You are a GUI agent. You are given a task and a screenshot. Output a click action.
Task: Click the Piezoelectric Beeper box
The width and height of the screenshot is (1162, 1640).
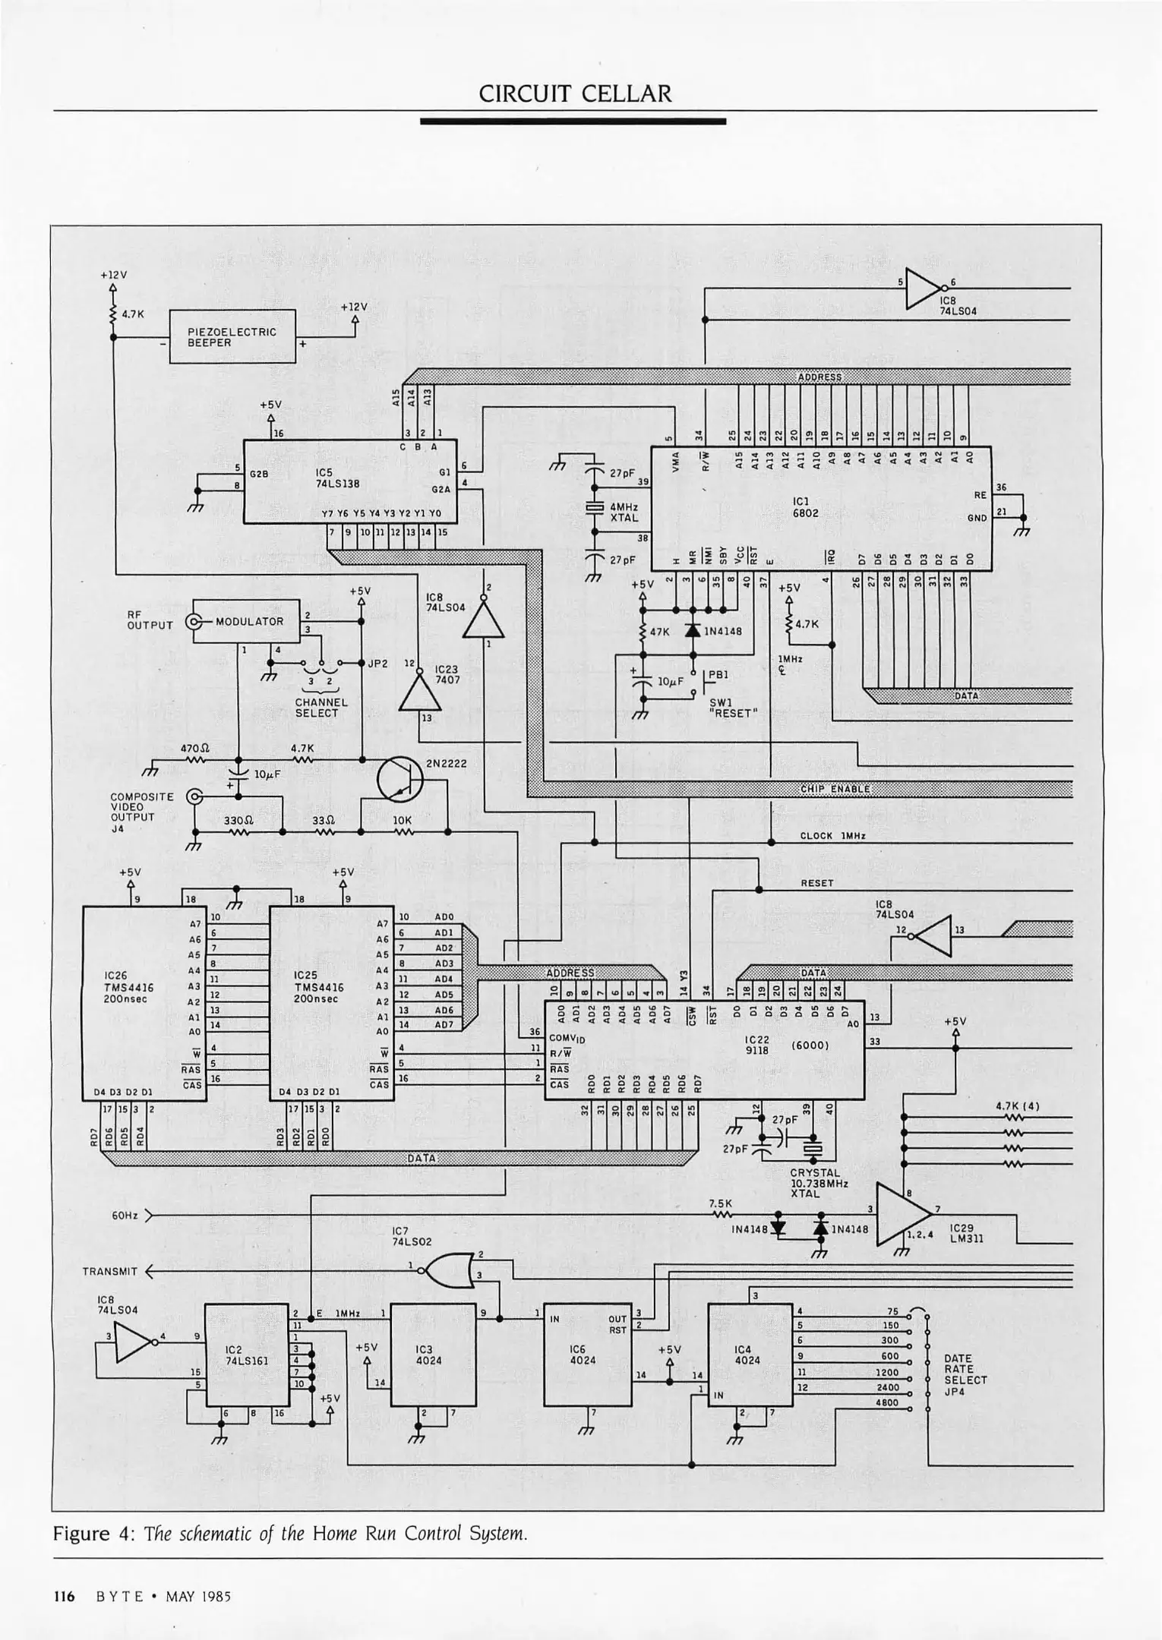(232, 336)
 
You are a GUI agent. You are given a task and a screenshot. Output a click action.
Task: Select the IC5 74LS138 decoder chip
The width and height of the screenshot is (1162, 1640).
(349, 481)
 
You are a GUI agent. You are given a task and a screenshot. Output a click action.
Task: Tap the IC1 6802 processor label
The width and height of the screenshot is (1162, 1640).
(800, 506)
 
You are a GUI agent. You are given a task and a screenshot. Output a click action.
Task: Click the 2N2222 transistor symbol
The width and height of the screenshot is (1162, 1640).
(399, 779)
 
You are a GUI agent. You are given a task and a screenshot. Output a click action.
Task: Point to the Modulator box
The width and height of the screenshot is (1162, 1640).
(246, 621)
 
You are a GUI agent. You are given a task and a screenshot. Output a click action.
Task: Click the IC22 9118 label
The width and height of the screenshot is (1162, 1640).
(757, 1045)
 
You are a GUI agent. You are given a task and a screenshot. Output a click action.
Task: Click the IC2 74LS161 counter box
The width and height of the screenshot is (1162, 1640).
(246, 1355)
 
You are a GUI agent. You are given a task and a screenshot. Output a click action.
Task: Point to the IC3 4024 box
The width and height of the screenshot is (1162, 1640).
(433, 1355)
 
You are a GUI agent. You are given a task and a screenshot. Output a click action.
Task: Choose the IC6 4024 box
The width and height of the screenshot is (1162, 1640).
(587, 1355)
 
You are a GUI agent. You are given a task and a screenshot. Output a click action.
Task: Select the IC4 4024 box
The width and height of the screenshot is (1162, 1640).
(750, 1355)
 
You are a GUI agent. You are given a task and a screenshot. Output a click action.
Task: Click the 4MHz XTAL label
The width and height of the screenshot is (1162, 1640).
(624, 512)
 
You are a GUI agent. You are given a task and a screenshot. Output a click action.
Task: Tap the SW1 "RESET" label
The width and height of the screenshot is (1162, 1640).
(734, 708)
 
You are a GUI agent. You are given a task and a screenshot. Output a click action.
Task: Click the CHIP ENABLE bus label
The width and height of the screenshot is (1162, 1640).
(835, 790)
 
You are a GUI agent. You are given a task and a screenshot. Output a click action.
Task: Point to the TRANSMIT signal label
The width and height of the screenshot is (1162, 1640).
(110, 1272)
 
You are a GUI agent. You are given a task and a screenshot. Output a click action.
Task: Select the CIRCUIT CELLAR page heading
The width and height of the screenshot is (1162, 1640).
(575, 94)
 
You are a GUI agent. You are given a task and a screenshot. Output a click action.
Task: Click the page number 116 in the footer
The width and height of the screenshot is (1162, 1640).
(64, 1596)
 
